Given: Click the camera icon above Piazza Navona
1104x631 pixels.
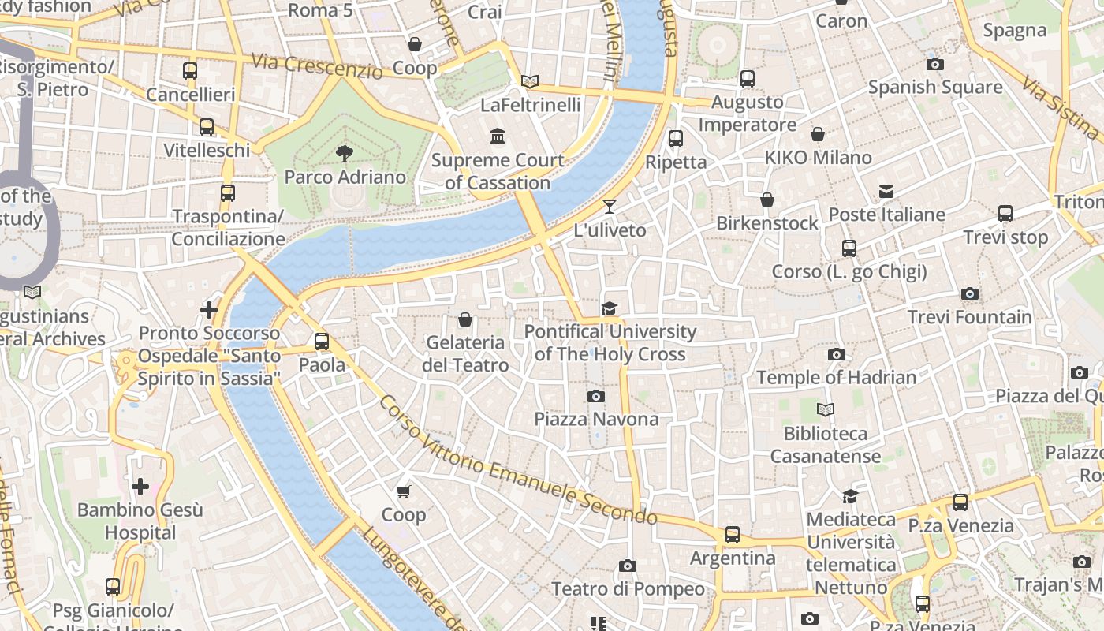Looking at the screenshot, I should pos(596,396).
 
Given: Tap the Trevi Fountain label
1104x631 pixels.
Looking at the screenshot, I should pos(969,317).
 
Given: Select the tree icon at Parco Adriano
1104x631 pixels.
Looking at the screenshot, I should pos(345,154).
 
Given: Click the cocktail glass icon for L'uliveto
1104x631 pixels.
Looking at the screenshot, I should pos(609,207).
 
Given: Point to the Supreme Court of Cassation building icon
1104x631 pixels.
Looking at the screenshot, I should pos(498,137).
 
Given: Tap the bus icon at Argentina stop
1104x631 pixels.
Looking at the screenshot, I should pos(733,535).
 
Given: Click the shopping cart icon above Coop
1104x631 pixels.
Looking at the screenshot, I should pos(404,492).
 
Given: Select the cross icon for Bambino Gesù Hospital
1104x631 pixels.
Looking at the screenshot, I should pos(140,487).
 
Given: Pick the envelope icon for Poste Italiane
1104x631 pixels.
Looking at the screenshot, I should pos(886,192).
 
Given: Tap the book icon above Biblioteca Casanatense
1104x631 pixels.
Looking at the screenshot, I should pos(825,410).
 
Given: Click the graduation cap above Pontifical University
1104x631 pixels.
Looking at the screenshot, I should pos(609,308).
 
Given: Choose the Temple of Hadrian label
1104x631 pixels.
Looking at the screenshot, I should pos(836,377).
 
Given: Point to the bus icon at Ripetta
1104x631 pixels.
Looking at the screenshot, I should pos(676,139).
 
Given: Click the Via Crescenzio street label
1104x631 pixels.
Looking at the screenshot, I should pos(317,65).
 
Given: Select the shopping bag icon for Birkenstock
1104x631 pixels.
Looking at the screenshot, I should pos(766,200).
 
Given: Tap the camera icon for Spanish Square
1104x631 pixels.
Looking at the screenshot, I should pos(935,64).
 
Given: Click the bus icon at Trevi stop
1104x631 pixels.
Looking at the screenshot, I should pos(1005,214).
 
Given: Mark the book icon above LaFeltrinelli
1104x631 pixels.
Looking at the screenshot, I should pos(530,81).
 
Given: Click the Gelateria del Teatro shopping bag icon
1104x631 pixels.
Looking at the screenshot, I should pos(465,319).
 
